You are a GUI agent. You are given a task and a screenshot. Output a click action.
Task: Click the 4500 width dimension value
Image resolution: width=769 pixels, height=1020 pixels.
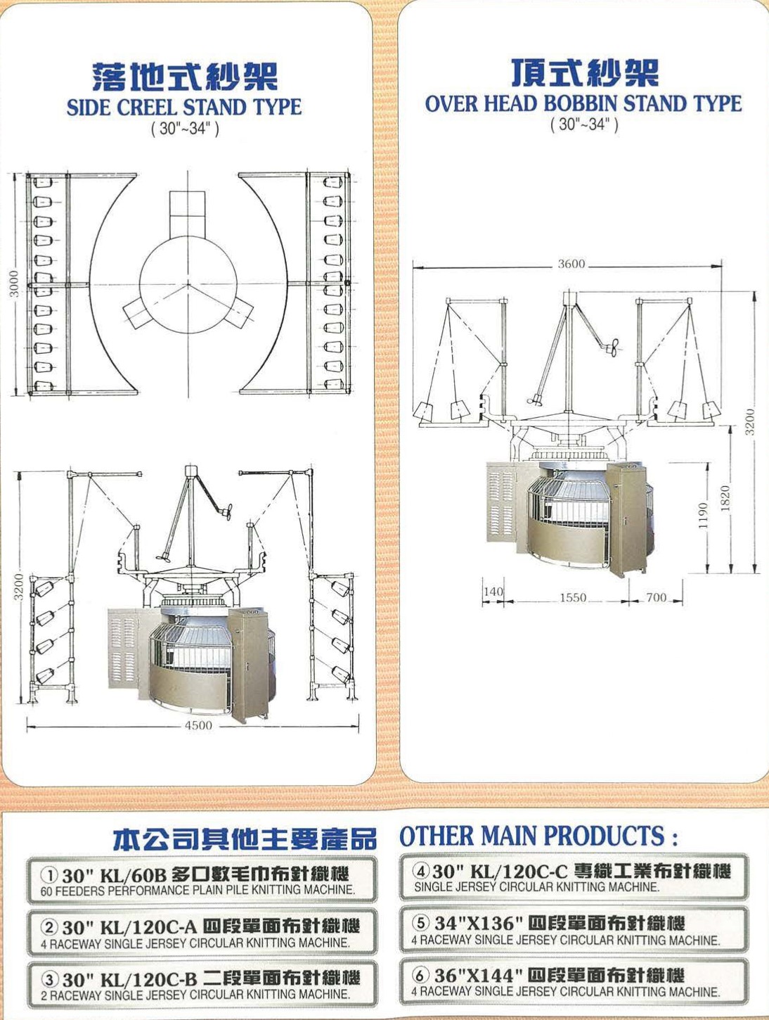(198, 725)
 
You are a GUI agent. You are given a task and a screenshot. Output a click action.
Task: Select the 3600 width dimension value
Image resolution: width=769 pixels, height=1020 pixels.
(571, 264)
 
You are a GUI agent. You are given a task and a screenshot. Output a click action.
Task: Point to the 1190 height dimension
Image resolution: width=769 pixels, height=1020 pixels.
(704, 516)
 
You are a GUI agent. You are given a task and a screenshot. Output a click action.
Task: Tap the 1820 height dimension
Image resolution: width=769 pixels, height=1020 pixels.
(726, 498)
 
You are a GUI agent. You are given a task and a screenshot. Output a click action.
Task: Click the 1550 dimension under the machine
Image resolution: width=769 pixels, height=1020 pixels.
(573, 597)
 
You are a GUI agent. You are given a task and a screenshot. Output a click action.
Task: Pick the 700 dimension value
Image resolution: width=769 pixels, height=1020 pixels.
(656, 597)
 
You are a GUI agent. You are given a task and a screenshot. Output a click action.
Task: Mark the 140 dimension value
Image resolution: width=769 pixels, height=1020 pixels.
(493, 592)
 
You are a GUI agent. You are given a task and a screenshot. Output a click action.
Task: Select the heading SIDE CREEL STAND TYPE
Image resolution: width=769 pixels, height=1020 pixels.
(184, 108)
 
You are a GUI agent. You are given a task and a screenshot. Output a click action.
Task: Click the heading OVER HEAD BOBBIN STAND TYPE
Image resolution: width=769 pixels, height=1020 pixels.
(583, 103)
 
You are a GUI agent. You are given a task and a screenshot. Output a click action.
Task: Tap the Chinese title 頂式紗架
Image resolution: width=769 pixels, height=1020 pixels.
(585, 73)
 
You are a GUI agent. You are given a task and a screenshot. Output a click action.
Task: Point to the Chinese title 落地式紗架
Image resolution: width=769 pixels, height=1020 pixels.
(185, 77)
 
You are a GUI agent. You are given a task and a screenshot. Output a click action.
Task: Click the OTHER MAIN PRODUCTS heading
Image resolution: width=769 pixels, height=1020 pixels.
(538, 836)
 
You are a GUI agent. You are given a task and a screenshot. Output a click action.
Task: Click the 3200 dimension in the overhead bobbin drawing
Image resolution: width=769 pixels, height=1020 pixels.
(749, 422)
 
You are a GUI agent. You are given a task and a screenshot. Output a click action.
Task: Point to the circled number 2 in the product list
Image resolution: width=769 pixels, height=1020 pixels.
(49, 928)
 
